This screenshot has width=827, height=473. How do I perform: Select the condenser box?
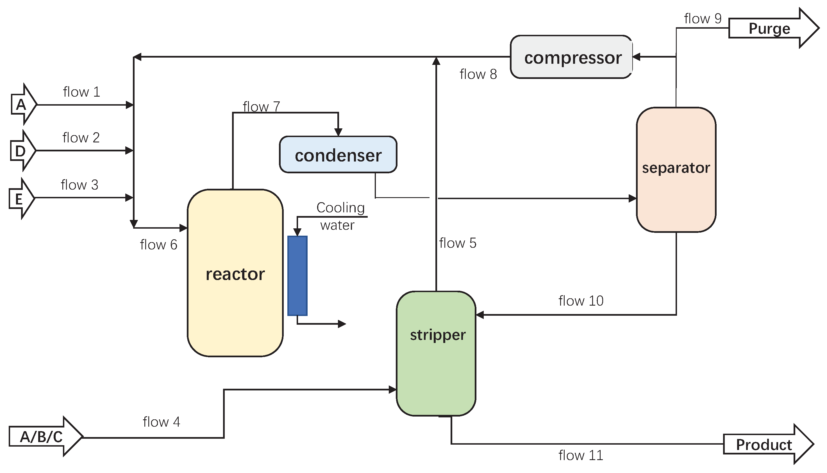pos(338,155)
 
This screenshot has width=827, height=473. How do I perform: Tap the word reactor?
pos(235,274)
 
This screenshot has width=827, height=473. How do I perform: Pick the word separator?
pos(676,168)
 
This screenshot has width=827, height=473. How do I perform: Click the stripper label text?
pos(438,335)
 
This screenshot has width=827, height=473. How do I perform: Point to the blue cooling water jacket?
pos(297,276)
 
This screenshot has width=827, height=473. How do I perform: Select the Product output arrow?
pos(767,444)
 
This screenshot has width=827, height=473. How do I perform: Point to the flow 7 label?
pos(261,106)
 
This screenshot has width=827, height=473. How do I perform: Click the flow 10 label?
pos(581,301)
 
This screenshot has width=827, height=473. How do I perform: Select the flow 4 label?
pos(161,422)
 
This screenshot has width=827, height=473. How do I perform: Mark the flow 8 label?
pos(478,74)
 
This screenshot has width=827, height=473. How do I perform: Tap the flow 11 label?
pos(581,456)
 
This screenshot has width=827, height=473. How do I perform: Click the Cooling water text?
pos(339,216)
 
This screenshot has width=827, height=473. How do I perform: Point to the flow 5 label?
pos(458,243)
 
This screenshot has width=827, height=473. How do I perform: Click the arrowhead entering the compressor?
pos(636,57)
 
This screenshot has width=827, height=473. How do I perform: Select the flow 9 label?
pos(703,19)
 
